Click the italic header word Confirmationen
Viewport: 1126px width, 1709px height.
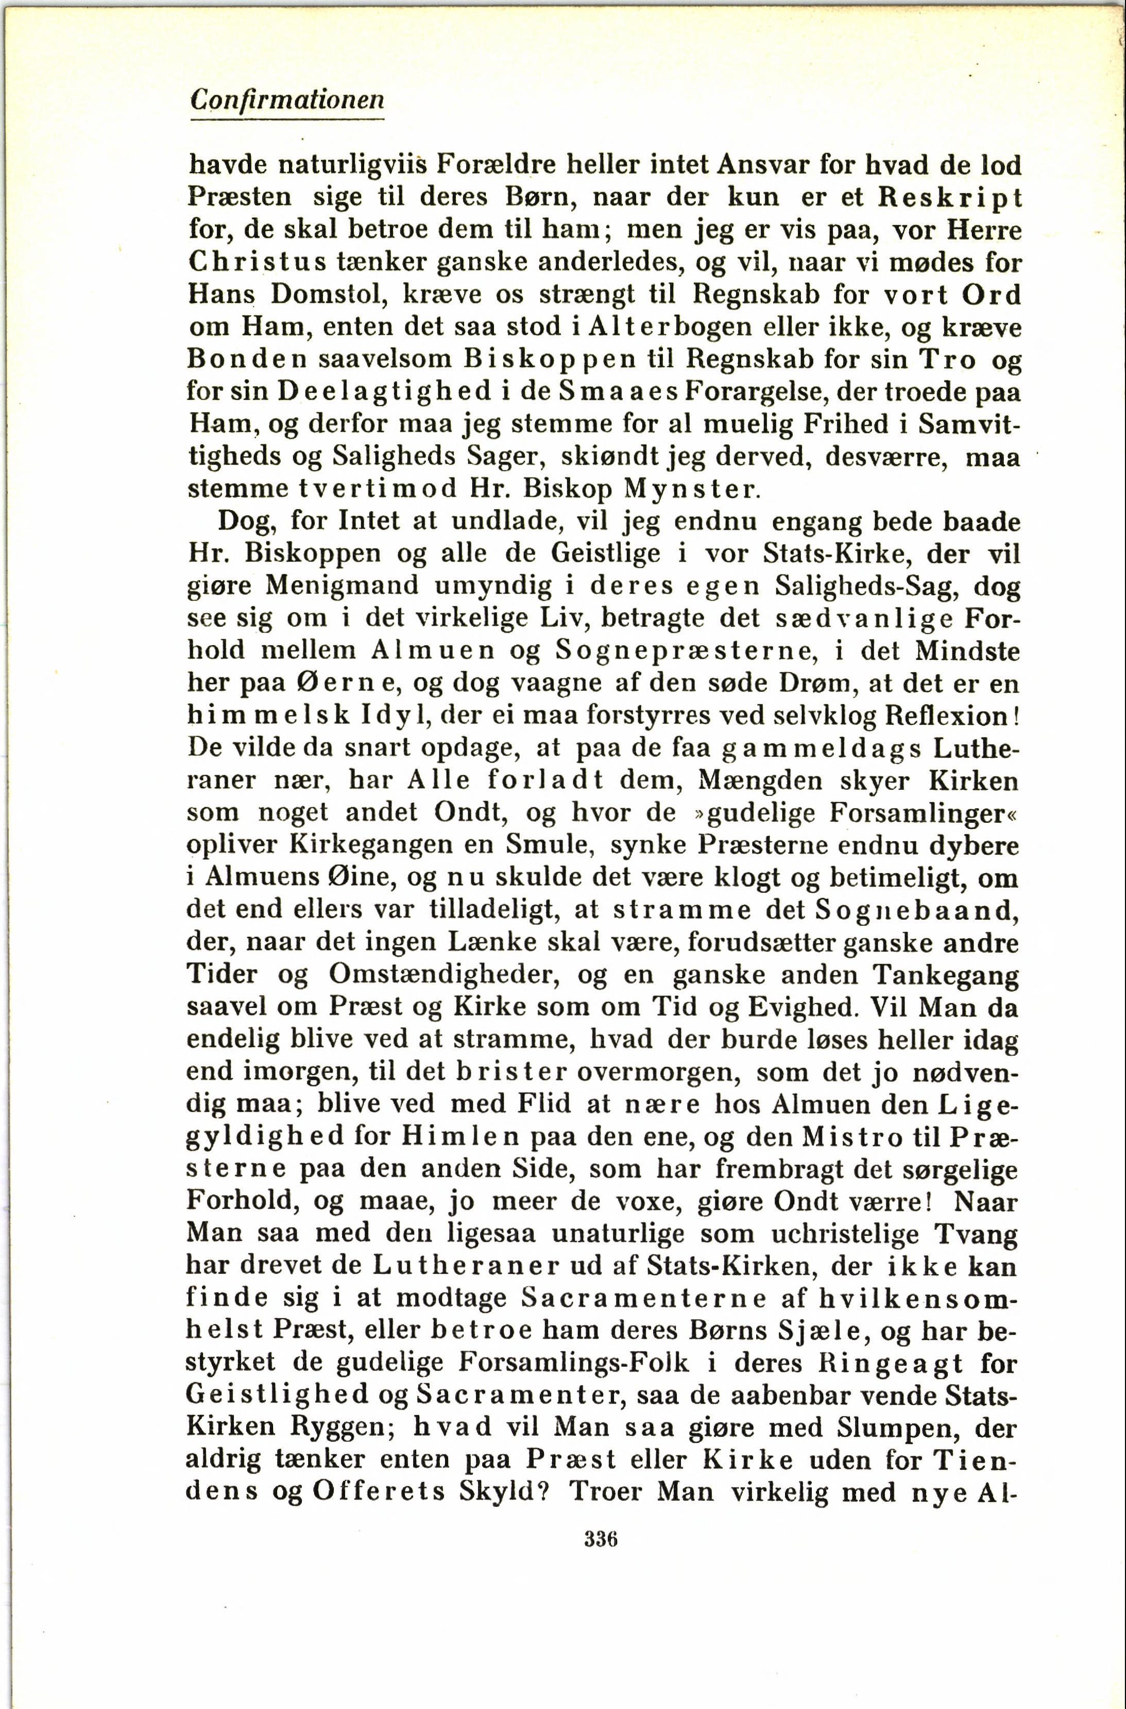(x=287, y=99)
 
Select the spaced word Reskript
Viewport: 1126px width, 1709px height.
(x=950, y=197)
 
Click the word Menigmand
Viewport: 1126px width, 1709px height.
(x=341, y=585)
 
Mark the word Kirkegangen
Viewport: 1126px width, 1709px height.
(x=366, y=844)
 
